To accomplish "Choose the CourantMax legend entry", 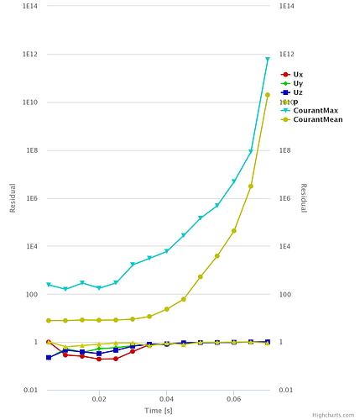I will pos(316,110).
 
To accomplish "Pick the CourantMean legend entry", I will pos(317,119).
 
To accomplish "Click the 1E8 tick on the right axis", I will pos(286,150).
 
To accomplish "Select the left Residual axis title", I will pos(13,198).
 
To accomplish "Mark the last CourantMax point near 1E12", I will pos(268,60).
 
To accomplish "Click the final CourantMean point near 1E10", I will pos(268,95).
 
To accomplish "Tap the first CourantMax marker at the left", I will pos(49,285).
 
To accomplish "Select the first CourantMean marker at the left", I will pos(49,320).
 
